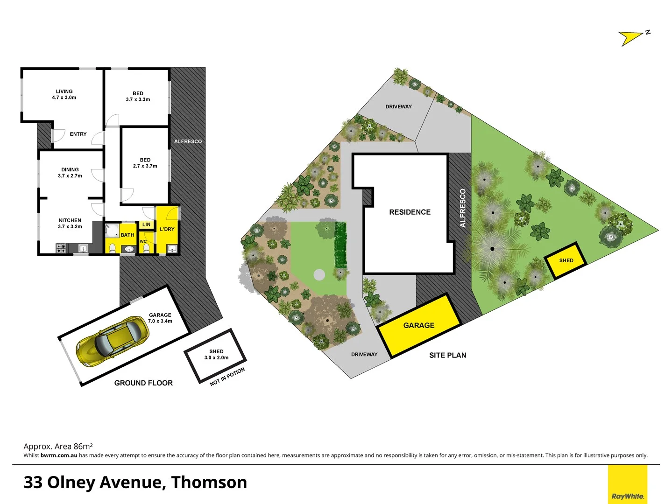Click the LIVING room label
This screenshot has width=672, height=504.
(x=64, y=91)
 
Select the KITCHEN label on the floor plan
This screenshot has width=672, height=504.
(x=70, y=220)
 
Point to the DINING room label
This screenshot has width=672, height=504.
(x=70, y=170)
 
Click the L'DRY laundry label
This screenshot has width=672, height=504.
(x=167, y=229)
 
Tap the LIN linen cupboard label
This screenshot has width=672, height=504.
(x=146, y=224)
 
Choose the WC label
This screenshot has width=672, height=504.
(x=143, y=241)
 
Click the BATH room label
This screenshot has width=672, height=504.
(x=127, y=235)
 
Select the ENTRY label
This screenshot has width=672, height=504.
(x=78, y=134)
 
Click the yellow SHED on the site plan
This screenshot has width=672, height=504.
(x=566, y=260)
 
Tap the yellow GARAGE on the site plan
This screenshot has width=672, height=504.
(x=419, y=325)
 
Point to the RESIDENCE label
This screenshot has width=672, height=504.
(x=410, y=212)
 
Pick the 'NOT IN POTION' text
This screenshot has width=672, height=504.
(x=227, y=377)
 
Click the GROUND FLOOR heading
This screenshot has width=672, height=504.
(x=143, y=383)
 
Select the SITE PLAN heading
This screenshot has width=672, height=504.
(x=447, y=355)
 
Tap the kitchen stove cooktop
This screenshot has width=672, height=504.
(x=61, y=248)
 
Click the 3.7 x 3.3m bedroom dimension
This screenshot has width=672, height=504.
(x=138, y=99)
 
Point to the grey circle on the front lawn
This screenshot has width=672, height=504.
(x=319, y=274)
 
